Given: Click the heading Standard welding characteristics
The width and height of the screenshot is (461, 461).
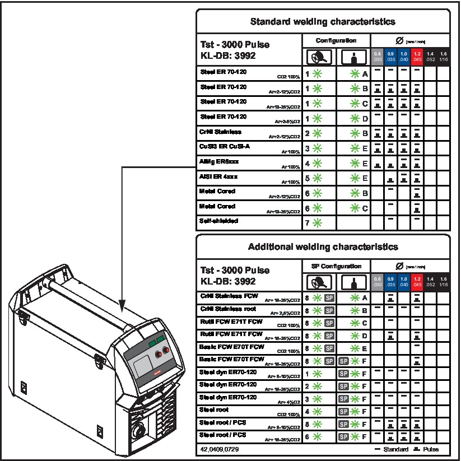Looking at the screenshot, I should pos(323,22).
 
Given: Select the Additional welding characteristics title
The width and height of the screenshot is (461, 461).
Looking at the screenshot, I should pos(323,246).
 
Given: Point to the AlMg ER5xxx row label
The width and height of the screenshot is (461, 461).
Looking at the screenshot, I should pos(218,161).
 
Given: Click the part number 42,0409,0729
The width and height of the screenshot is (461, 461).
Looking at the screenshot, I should pos(222,449).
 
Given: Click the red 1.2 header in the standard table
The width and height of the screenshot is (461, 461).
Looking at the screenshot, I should pos(417,57).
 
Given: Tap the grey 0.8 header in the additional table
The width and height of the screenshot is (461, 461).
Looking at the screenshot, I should pos(378,281).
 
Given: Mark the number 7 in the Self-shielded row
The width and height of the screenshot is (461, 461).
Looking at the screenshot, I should pos(308,222).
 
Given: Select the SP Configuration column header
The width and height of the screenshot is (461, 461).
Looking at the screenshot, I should pos(336,266).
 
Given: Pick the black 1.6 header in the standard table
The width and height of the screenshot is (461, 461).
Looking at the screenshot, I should pos(444,57).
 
